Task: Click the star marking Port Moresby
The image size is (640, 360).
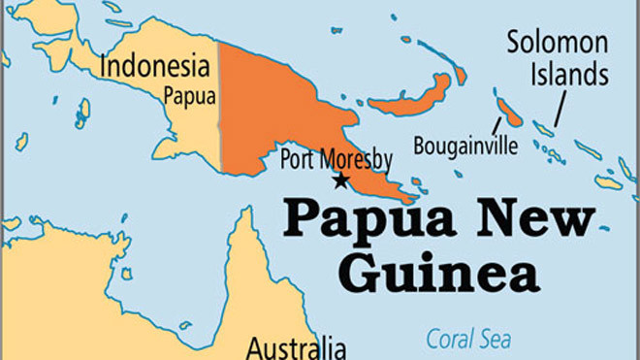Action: click(x=339, y=180)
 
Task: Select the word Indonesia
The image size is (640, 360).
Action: click(x=155, y=67)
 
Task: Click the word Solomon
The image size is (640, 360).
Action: click(x=557, y=44)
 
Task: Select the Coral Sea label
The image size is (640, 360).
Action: click(x=470, y=340)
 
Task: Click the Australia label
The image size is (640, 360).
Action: click(x=296, y=346)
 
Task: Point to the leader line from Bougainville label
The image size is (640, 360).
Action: click(x=497, y=125)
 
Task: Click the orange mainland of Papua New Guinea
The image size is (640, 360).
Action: click(x=272, y=107)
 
